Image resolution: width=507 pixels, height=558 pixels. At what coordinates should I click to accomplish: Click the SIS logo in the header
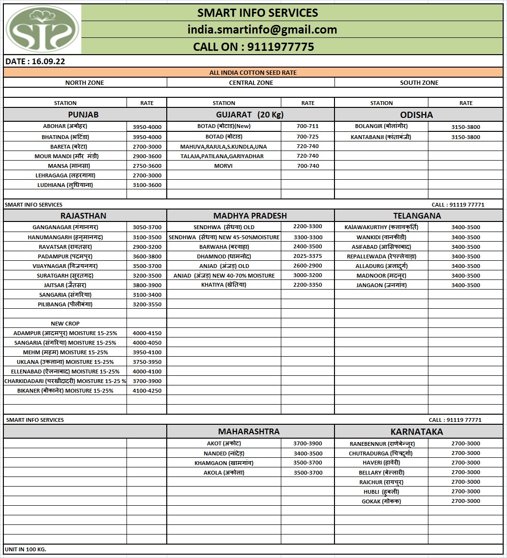click(x=43, y=30)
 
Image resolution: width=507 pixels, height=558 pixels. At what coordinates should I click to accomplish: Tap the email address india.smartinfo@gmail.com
click(x=262, y=30)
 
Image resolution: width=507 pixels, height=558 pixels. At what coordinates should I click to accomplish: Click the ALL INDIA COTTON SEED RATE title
click(x=253, y=72)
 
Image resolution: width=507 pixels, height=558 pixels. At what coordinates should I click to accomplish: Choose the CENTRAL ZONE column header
click(x=251, y=82)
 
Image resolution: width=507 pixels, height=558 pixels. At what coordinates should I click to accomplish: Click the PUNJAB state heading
click(x=83, y=115)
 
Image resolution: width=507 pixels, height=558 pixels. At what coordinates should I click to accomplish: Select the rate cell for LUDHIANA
click(x=147, y=185)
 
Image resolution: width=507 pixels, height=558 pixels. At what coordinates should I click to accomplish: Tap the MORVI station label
click(x=223, y=166)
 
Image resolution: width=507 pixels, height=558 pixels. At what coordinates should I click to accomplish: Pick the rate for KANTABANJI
click(x=465, y=137)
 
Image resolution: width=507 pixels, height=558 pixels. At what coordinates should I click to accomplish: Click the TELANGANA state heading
click(x=417, y=216)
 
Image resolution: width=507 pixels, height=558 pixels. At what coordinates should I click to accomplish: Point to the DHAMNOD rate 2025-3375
click(x=308, y=256)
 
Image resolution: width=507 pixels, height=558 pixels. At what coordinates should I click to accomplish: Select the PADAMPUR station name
click(x=65, y=256)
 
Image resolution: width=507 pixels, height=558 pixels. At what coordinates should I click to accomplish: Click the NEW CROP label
click(x=65, y=324)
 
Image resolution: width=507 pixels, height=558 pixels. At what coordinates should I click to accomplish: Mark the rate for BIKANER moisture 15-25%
click(x=147, y=391)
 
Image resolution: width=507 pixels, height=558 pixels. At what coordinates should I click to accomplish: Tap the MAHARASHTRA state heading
click(x=249, y=431)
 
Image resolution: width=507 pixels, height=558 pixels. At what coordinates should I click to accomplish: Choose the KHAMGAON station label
click(x=224, y=463)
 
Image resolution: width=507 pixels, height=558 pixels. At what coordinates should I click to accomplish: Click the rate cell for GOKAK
click(x=465, y=501)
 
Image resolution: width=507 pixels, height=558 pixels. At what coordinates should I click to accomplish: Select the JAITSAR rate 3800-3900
click(x=147, y=285)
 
